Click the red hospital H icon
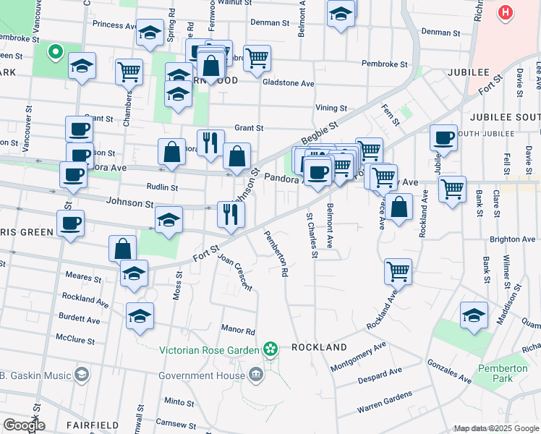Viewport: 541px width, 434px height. click(506, 13)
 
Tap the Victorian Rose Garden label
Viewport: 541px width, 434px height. click(209, 351)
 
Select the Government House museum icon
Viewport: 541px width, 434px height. click(255, 374)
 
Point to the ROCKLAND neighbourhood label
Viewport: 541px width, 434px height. click(319, 348)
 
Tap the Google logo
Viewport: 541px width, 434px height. click(23, 425)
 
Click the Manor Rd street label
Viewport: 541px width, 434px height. click(239, 331)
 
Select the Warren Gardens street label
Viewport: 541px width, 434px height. click(384, 403)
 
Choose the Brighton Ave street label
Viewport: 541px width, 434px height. click(512, 239)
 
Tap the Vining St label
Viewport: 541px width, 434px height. click(332, 108)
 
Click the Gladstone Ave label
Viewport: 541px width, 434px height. click(288, 83)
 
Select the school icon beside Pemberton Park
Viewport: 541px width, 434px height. click(474, 315)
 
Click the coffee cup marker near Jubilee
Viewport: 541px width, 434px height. click(443, 137)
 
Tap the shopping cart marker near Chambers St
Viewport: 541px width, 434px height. click(129, 71)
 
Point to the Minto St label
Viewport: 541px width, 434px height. click(175, 401)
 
